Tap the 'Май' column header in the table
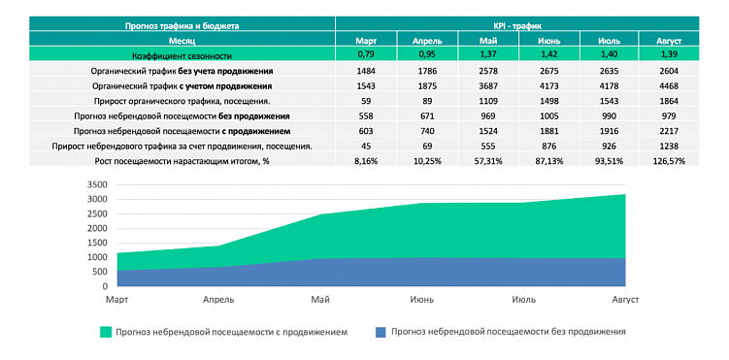pos(489,41)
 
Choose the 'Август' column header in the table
pos(670,41)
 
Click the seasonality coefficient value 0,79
pos(366,56)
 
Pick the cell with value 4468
pos(670,86)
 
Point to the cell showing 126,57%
pos(670,159)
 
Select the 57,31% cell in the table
pos(489,159)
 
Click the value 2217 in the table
pos(670,130)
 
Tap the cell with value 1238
pos(670,145)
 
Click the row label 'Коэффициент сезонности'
pos(182,56)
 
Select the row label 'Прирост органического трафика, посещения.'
pos(182,101)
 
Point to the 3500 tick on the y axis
pos(95,184)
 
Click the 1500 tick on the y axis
pos(95,243)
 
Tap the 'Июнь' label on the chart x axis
pos(421,301)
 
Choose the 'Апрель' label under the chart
pos(217,301)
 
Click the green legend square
pos(105,332)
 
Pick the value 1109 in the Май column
pos(489,101)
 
